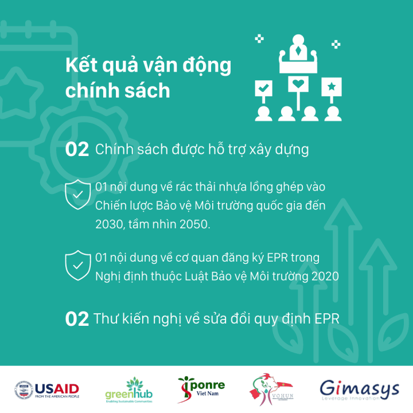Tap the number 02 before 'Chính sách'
tap(77, 150)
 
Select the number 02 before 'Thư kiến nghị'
tap(77, 319)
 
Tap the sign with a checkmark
tap(264, 88)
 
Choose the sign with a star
tap(332, 87)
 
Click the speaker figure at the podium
tap(298, 48)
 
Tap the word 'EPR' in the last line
tap(327, 319)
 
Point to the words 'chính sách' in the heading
tap(118, 91)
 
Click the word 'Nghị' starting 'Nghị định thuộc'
tap(107, 276)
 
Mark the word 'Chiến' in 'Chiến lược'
tap(110, 206)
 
